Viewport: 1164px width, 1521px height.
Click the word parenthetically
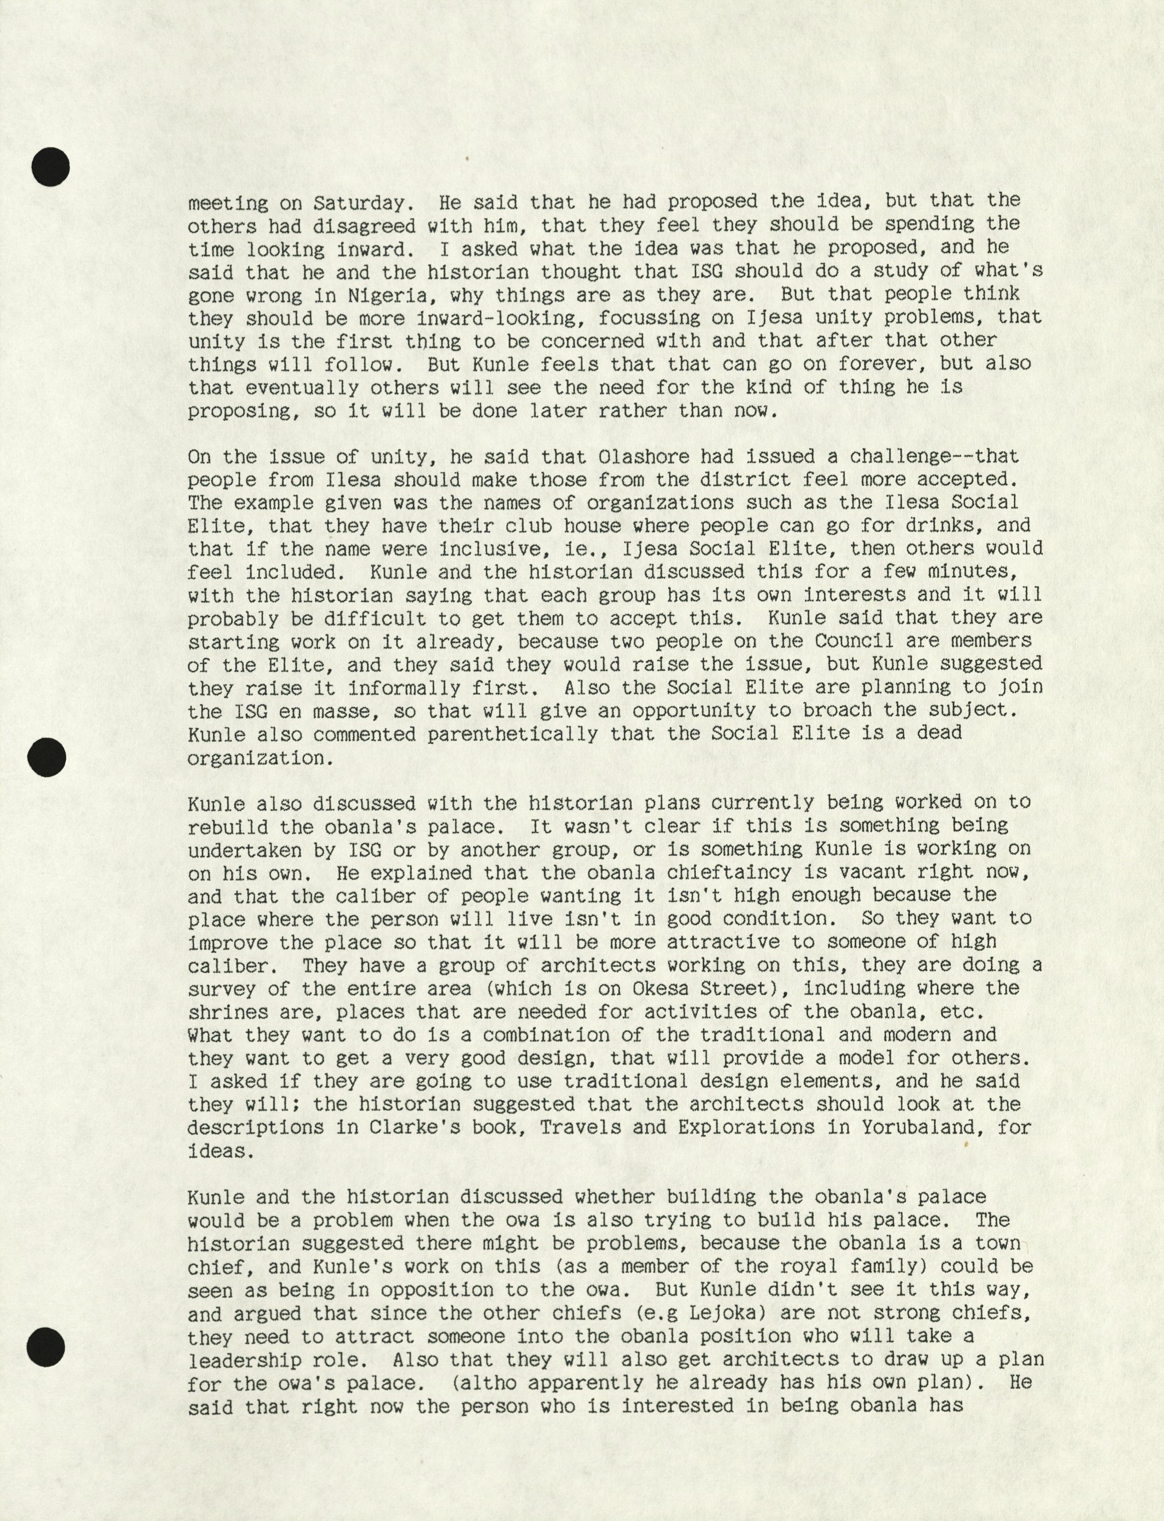[x=511, y=734]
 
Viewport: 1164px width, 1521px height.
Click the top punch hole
[x=50, y=167]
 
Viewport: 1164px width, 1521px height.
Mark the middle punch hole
[x=47, y=757]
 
